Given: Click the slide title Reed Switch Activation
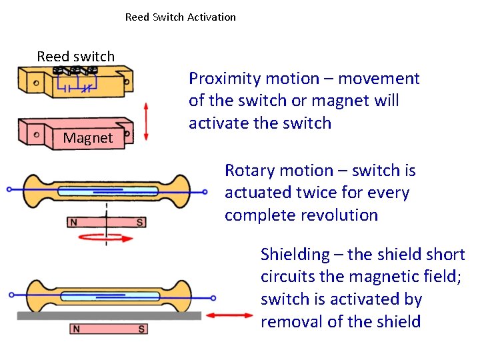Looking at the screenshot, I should [x=180, y=17].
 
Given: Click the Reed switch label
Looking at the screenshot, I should [x=75, y=57].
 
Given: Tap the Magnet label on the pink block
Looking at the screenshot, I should [x=87, y=138].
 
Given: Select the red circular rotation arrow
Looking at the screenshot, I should [x=107, y=236].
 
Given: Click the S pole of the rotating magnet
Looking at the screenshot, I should [x=139, y=222].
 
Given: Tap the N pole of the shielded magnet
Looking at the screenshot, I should [x=76, y=329].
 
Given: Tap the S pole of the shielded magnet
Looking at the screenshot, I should [x=141, y=329].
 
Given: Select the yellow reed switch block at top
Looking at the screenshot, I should [x=73, y=83].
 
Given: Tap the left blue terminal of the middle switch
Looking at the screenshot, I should [x=9, y=189].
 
